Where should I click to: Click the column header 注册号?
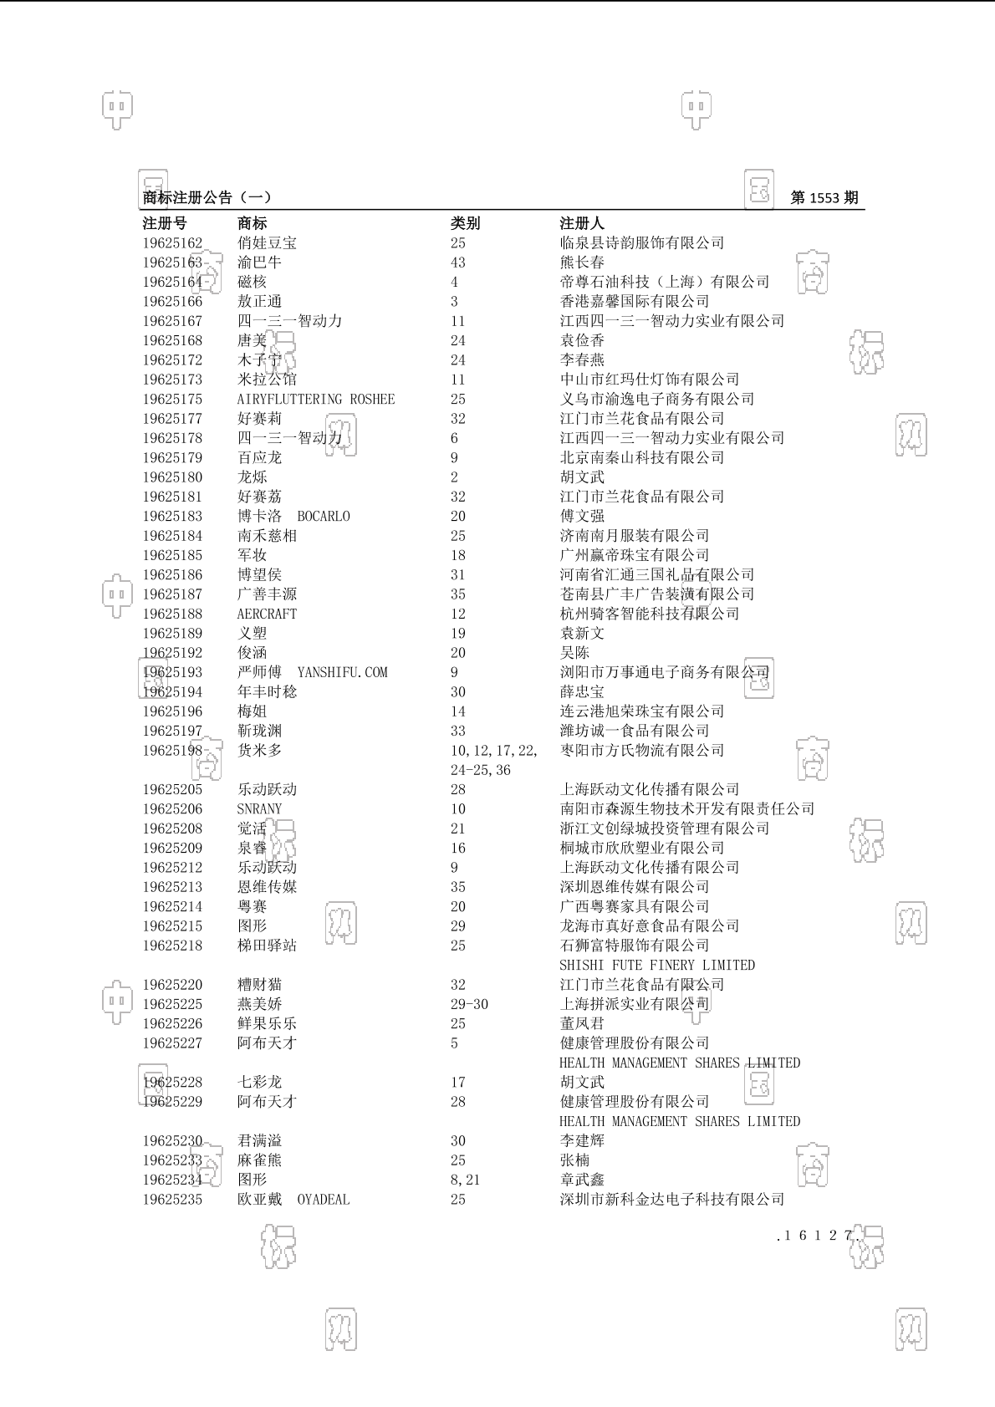(x=165, y=223)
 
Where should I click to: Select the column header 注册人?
(x=582, y=223)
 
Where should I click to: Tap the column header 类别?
(x=465, y=223)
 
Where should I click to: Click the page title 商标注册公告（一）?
(x=207, y=198)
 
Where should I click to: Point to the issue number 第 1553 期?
(x=824, y=198)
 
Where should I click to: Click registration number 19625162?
(x=172, y=243)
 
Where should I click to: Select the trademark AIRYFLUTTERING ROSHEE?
(x=316, y=400)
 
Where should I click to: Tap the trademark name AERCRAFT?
(x=267, y=614)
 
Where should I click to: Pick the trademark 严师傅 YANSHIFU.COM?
(x=312, y=673)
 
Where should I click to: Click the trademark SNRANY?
(x=259, y=809)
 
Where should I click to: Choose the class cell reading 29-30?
(x=469, y=1005)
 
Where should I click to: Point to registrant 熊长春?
(x=582, y=263)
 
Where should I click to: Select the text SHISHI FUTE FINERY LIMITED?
(x=657, y=966)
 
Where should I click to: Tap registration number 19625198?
(x=172, y=751)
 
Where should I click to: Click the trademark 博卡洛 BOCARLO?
(x=293, y=517)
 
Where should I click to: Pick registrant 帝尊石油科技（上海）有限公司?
(x=665, y=283)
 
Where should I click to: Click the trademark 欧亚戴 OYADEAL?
(x=293, y=1200)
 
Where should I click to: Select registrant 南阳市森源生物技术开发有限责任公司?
(x=687, y=809)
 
